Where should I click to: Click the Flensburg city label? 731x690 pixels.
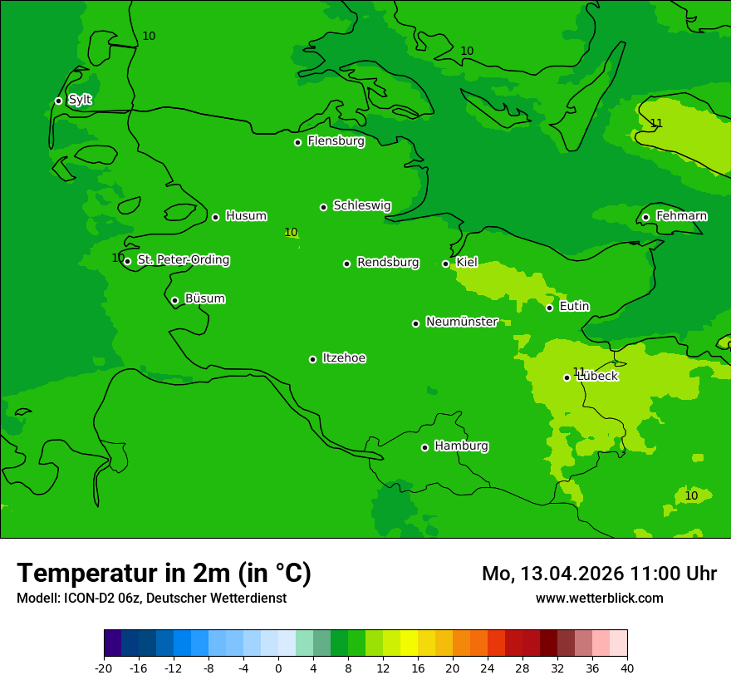click(336, 141)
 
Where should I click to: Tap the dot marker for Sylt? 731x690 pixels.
click(58, 101)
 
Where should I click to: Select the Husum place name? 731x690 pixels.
click(246, 216)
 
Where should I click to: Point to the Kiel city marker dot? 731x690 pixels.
click(445, 264)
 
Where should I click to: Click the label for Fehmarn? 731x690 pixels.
click(681, 216)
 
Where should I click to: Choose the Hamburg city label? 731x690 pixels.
click(461, 446)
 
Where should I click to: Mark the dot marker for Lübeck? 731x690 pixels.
click(567, 377)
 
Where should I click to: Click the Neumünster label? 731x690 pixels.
click(462, 322)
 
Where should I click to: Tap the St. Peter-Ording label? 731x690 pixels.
click(183, 260)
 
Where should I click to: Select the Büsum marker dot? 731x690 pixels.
click(174, 300)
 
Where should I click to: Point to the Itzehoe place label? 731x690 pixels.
click(344, 358)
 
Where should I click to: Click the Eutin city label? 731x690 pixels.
click(574, 307)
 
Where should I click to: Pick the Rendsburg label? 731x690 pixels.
click(388, 263)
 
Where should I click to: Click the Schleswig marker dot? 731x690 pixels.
click(323, 207)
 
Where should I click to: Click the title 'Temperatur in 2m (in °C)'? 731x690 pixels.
click(164, 573)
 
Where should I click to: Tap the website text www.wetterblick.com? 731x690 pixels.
click(599, 598)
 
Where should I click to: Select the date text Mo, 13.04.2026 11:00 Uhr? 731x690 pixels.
click(599, 574)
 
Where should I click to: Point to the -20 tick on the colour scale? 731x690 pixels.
click(104, 668)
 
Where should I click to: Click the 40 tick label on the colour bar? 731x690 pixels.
click(627, 668)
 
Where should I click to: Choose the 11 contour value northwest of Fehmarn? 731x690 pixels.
click(656, 124)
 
